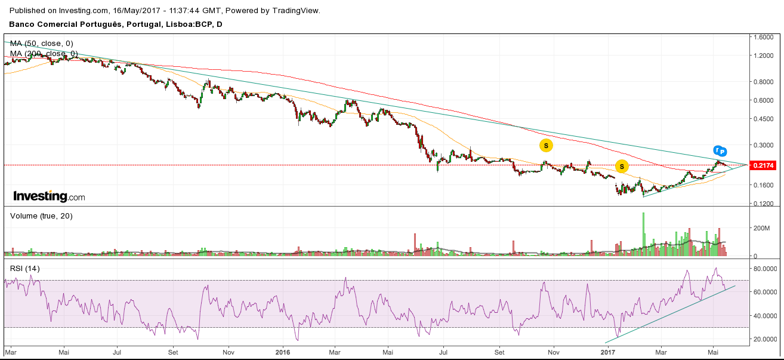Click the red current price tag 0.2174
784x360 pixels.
(764, 165)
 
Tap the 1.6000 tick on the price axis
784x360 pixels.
(764, 37)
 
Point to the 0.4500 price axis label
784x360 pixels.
(764, 119)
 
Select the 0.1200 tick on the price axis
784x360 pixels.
(764, 204)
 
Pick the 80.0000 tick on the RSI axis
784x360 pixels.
(766, 269)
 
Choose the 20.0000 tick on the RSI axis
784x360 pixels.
(766, 339)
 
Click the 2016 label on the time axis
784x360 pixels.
(282, 352)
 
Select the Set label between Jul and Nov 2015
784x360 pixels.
(173, 352)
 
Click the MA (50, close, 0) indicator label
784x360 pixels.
(42, 44)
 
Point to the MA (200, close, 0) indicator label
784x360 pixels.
(44, 54)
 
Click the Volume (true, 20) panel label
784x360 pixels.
(41, 216)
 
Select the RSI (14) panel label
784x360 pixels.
(25, 269)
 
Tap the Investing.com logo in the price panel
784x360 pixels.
(49, 196)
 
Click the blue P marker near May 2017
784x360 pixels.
(723, 151)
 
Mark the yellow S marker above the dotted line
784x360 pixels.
(545, 145)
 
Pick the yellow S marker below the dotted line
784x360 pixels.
(622, 166)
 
